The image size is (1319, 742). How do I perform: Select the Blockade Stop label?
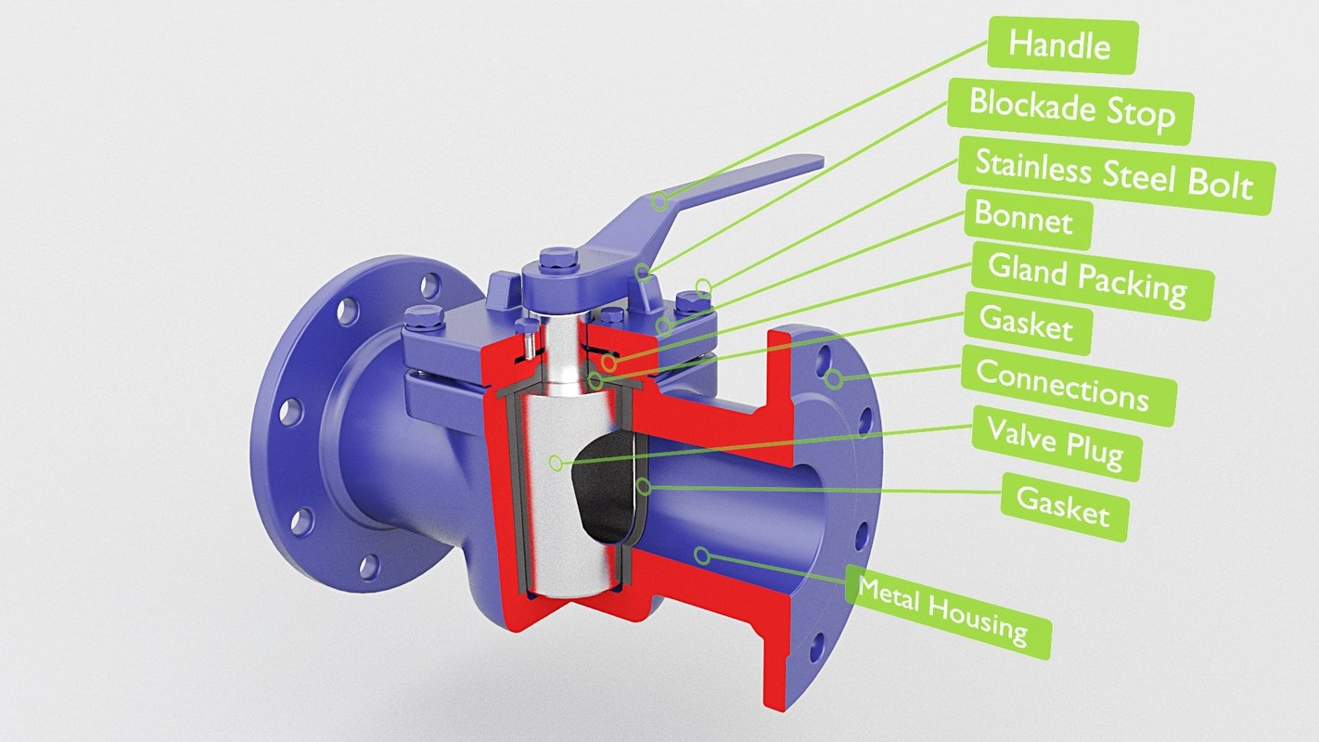(x=1070, y=109)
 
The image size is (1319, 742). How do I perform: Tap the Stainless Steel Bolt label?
(x=1113, y=174)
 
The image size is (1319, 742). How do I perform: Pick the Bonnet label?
(x=1023, y=221)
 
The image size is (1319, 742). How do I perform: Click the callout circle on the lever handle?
(x=659, y=199)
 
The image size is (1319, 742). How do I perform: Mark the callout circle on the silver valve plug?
(x=555, y=461)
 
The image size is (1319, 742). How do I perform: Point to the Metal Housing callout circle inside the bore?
(x=702, y=556)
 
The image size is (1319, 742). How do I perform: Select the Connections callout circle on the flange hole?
(x=834, y=377)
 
